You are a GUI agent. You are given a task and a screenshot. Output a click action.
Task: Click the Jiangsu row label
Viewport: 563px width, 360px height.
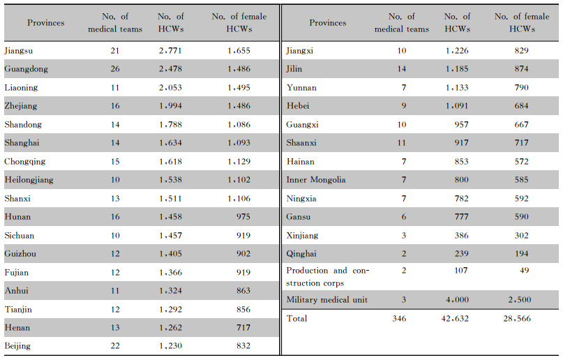[x=19, y=51]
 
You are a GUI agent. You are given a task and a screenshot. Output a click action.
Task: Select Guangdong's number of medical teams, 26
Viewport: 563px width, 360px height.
[x=115, y=69]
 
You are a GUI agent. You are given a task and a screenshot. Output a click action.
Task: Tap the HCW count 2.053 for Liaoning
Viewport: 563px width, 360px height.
[x=170, y=88]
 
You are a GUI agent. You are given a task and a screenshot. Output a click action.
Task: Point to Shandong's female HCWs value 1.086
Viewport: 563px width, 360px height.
[x=239, y=125]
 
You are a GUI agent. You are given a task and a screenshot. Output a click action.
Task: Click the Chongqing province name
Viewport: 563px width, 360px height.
[x=25, y=162]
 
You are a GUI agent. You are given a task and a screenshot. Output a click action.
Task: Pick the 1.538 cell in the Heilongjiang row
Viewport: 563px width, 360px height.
[x=170, y=180]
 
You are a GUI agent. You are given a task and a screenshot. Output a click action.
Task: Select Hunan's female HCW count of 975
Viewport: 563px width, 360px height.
[x=243, y=217]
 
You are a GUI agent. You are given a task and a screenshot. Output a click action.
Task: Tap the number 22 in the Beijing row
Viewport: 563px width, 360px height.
[x=115, y=345]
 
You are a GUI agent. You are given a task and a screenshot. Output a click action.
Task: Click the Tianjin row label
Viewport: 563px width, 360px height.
[x=18, y=310]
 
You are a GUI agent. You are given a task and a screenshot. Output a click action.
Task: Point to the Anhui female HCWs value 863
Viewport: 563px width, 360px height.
[x=243, y=291]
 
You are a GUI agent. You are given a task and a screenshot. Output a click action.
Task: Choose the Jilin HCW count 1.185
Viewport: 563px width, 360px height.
[x=457, y=69]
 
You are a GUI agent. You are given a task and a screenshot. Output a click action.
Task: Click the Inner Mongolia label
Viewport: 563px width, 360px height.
[x=316, y=180]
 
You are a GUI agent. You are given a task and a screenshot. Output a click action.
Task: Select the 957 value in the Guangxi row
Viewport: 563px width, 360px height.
[x=461, y=125]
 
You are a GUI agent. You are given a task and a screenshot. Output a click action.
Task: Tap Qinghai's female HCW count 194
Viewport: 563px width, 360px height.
[x=521, y=254]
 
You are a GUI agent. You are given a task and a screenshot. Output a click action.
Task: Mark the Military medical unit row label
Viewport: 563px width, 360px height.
[x=326, y=300]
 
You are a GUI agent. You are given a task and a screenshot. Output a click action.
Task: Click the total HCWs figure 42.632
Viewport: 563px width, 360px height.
[x=455, y=318]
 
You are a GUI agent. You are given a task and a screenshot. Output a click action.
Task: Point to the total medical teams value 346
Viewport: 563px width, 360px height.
[x=399, y=318]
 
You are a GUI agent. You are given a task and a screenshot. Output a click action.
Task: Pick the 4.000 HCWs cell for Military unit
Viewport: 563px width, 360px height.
[x=457, y=300]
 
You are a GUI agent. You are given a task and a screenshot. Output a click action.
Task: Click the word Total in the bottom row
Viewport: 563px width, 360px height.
[x=296, y=318]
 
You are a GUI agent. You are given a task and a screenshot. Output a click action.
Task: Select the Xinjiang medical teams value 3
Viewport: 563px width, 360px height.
[x=403, y=235]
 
